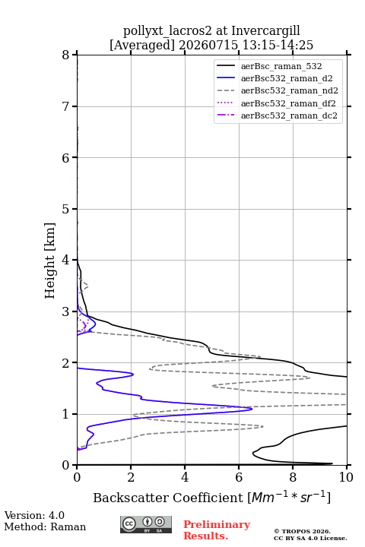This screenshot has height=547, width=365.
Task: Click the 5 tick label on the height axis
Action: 66,209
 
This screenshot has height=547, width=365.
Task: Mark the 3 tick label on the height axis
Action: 66,311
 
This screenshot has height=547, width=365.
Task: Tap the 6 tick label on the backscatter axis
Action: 239,477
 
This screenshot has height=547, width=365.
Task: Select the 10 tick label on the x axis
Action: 346,477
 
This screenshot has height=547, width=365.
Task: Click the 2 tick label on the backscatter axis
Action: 131,477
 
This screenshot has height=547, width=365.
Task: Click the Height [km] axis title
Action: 50,261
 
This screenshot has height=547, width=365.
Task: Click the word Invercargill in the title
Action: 265,30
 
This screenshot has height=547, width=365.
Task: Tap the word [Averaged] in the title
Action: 142,45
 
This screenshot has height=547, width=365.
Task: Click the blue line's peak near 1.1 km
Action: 252,409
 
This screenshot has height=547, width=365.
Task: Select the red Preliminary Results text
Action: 217,530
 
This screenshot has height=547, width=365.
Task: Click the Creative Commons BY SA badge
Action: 146,525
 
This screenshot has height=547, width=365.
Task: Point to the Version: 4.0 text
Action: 34,515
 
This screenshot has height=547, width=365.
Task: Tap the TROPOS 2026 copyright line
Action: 302,531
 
